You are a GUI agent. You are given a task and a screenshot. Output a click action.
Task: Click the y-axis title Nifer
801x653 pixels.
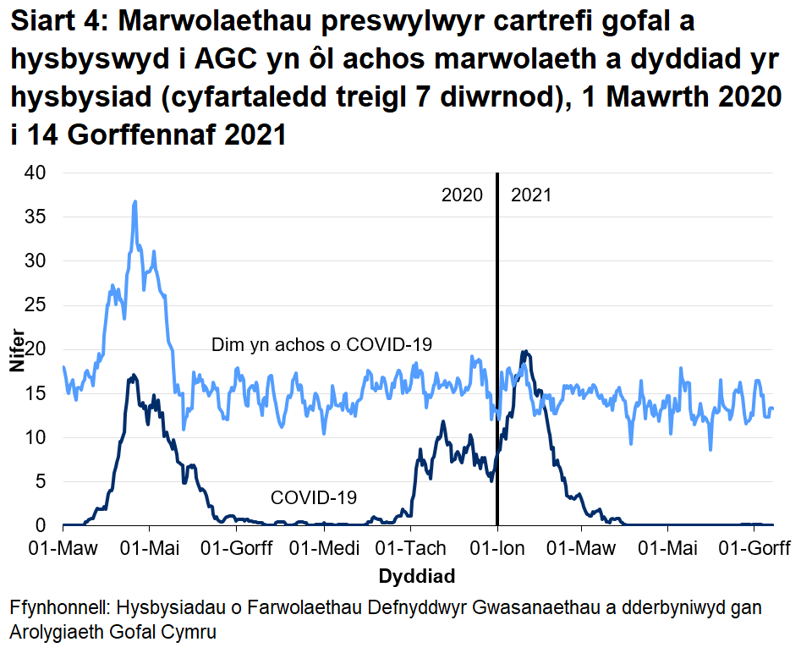pyautogui.click(x=18, y=349)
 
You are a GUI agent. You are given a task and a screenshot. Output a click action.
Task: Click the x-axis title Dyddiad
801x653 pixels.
pyautogui.click(x=417, y=577)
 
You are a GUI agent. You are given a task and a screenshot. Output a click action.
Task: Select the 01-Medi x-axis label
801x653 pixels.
pyautogui.click(x=321, y=548)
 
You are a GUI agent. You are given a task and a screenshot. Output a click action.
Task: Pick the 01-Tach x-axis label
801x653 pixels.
pyautogui.click(x=410, y=548)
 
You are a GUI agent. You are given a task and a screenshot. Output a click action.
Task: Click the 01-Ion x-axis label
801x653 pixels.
pyautogui.click(x=497, y=548)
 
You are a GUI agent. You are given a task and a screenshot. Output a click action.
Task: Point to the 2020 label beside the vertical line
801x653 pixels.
pyautogui.click(x=462, y=195)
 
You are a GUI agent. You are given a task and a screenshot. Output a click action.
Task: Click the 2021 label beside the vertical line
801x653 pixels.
pyautogui.click(x=531, y=195)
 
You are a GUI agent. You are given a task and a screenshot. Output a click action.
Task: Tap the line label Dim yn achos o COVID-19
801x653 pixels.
pyautogui.click(x=321, y=344)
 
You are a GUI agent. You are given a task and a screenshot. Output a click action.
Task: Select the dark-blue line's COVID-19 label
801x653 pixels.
pyautogui.click(x=313, y=497)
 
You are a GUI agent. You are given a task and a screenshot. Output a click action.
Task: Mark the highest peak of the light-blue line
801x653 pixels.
pyautogui.click(x=134, y=202)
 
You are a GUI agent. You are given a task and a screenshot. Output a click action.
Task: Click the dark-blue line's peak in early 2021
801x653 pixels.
pyautogui.click(x=524, y=352)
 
